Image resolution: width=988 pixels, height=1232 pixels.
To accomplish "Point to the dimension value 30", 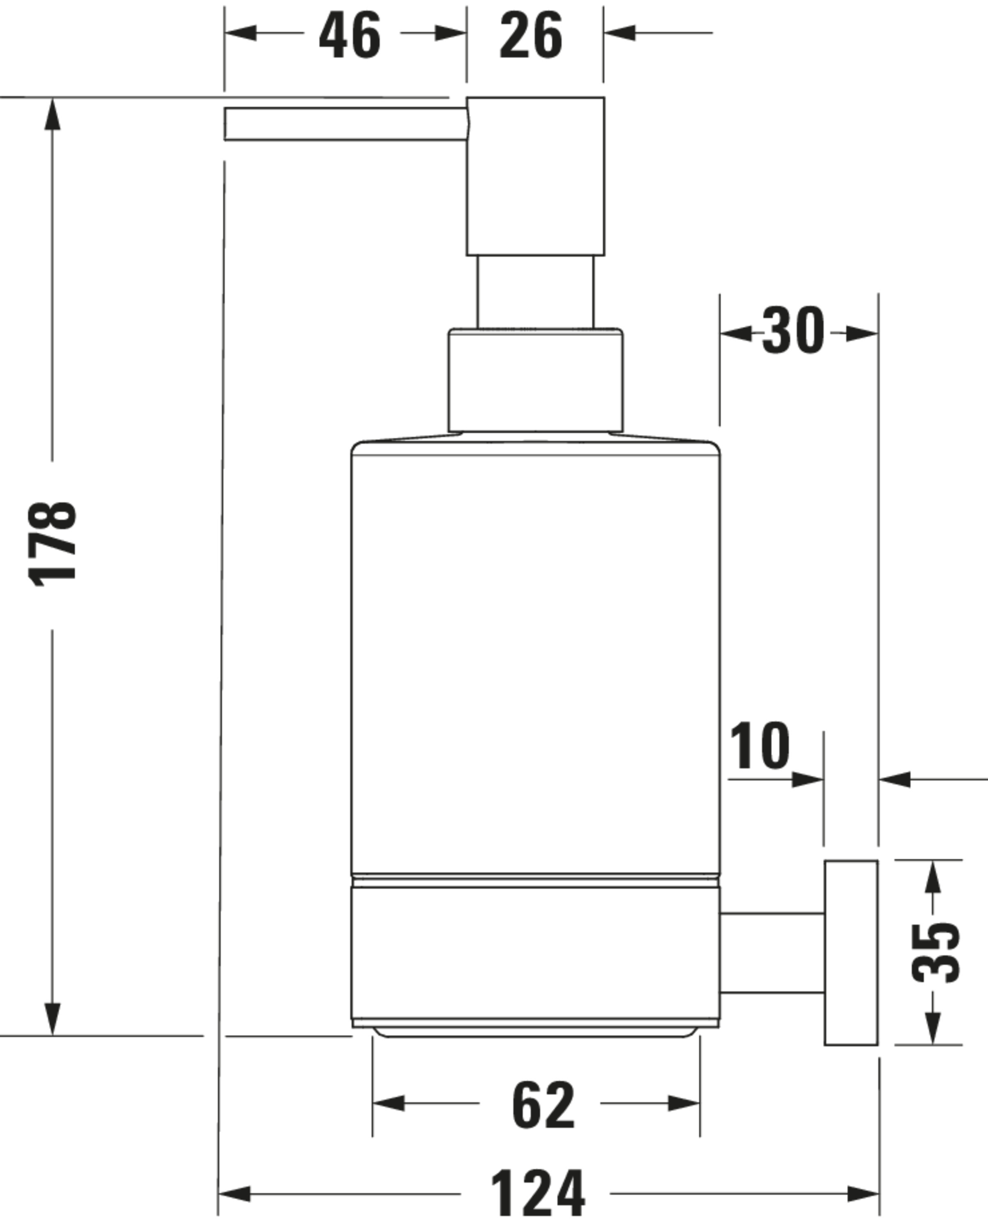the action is point(793,330).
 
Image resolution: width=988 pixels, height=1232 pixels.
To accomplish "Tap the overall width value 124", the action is point(538,1194).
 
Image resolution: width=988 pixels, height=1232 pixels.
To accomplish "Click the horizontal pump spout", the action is point(346,124).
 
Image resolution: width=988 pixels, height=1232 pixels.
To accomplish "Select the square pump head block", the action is point(535,176).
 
